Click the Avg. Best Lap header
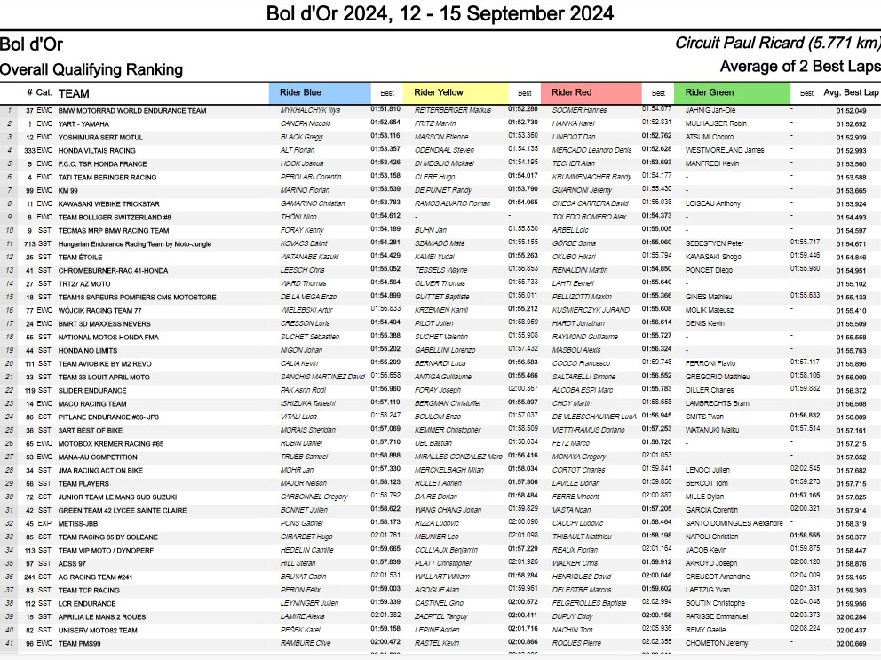pos(850,92)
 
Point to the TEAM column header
pos(74,92)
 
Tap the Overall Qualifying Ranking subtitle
pos(91,69)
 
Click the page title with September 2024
pos(440,14)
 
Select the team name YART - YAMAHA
pos(83,123)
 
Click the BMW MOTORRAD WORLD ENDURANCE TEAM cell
pos(131,110)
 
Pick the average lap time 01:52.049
pos(850,110)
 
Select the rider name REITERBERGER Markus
pos(453,110)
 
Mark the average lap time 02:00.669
pos(850,642)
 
